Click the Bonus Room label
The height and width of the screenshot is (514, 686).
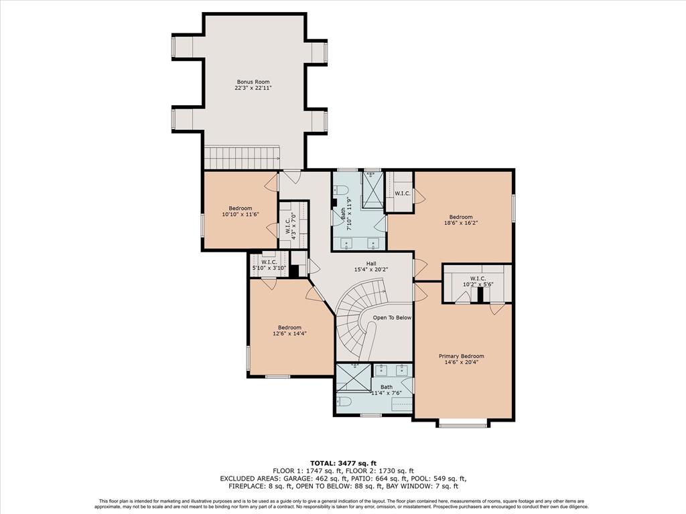253,82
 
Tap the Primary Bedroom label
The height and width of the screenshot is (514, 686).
461,356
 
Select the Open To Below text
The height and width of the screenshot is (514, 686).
392,318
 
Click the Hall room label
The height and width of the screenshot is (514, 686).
371,264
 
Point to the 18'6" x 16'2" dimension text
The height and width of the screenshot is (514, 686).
461,222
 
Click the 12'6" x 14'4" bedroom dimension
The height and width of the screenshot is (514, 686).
289,333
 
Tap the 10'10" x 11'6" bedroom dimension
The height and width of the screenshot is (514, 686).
241,214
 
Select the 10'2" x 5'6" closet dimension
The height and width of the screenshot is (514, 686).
478,284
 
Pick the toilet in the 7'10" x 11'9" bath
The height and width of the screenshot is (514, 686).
340,191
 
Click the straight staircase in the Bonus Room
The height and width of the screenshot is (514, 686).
242,157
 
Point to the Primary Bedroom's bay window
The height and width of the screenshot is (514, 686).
463,423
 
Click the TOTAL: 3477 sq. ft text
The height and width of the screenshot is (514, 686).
343,463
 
